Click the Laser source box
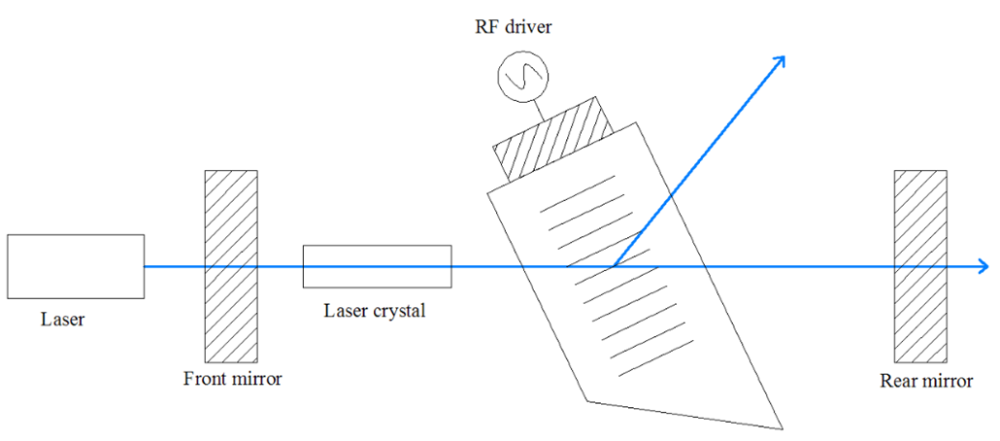pyautogui.click(x=75, y=266)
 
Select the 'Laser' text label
pyautogui.click(x=62, y=319)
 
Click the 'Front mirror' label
pyautogui.click(x=232, y=379)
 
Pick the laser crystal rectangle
pyautogui.click(x=377, y=266)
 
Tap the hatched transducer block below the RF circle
pyautogui.click(x=554, y=140)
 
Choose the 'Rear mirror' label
pyautogui.click(x=926, y=381)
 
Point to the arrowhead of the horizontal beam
pyautogui.click(x=984, y=266)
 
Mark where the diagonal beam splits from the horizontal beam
pyautogui.click(x=614, y=265)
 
